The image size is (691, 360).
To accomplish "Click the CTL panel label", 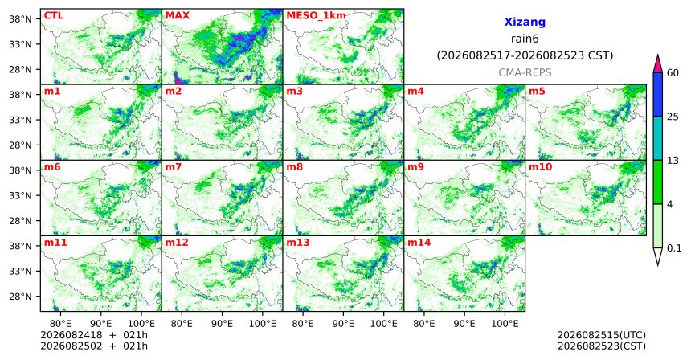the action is tap(54, 16).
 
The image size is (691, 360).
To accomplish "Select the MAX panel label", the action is tap(177, 16).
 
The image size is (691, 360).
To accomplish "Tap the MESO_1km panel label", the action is tap(316, 16).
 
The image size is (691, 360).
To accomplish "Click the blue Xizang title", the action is tap(525, 22).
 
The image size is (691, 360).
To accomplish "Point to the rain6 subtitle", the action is tap(525, 39).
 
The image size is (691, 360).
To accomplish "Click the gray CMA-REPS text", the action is tap(525, 72).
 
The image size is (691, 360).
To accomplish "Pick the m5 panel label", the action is tap(537, 92).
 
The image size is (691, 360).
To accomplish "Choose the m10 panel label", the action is tap(540, 167).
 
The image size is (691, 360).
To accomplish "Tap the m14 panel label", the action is tap(419, 243).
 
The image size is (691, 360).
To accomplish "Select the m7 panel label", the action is tap(174, 167).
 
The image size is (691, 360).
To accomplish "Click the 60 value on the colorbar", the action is tap(673, 73).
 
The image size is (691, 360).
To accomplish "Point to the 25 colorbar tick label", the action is tap(673, 117).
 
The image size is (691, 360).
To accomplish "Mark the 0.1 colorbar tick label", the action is tap(674, 248).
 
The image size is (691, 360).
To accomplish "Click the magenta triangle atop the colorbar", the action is tap(658, 64).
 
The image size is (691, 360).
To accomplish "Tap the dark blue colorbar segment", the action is tap(658, 94).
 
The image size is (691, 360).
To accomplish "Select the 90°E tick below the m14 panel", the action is tap(464, 324).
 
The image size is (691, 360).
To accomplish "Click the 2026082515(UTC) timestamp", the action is tap(602, 335).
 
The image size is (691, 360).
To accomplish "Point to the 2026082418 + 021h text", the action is tap(94, 335).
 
